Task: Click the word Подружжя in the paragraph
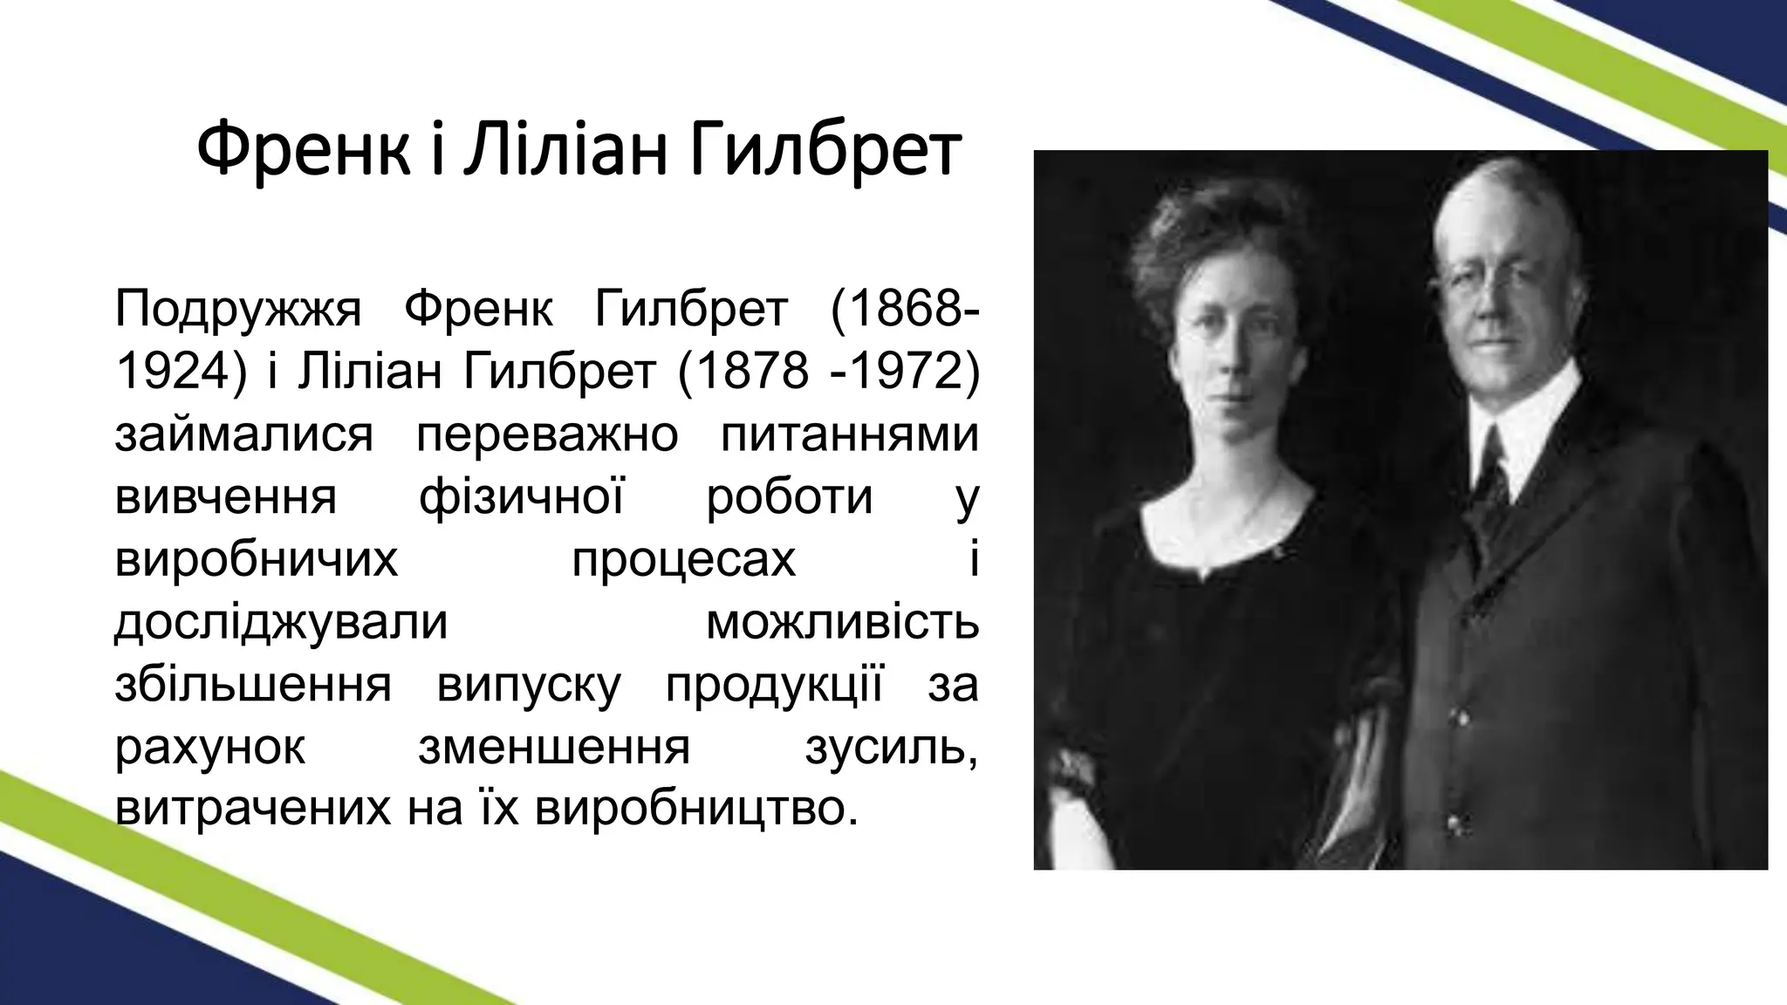point(237,311)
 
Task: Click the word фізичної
point(521,498)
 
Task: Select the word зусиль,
point(890,749)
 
